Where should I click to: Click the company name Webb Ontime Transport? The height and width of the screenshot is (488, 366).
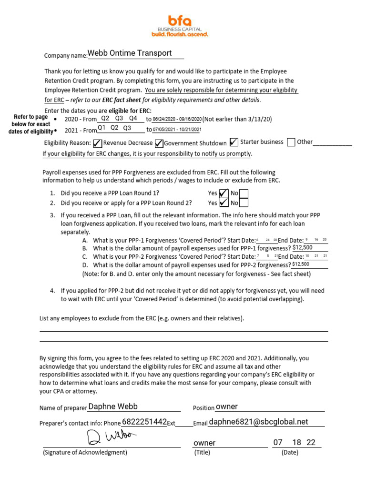coord(130,53)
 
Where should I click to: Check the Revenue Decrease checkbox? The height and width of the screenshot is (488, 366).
coord(97,143)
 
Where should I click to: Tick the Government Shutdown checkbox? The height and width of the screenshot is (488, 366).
coord(159,143)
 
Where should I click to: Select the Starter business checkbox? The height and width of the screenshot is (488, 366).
coord(234,142)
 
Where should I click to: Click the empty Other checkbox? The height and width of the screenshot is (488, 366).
coord(291,142)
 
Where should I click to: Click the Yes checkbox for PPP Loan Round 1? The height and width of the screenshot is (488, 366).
coord(223,193)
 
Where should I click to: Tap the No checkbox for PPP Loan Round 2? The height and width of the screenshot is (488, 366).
coord(243,203)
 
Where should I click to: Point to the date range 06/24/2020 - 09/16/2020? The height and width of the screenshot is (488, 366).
coord(177,119)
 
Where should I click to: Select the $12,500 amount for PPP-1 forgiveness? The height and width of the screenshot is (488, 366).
coord(303,248)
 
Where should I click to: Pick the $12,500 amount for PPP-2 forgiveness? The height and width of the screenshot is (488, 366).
coord(301,264)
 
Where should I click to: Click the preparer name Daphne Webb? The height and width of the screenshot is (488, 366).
coord(113,407)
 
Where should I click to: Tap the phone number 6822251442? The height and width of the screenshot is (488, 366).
coord(144,422)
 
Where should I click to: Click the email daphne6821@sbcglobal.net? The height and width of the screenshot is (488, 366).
coord(258,422)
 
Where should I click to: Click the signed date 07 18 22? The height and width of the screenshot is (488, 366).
coord(294,443)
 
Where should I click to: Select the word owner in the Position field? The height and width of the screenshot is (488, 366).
coord(227,407)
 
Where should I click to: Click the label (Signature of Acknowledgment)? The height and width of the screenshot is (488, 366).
coord(85,453)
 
